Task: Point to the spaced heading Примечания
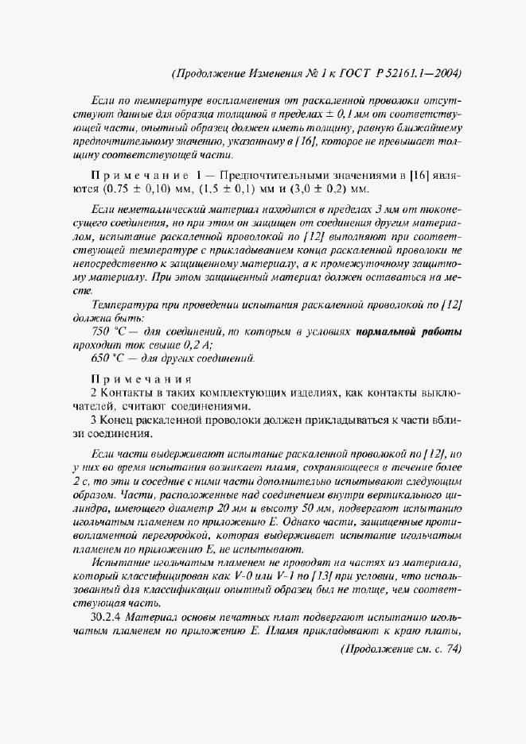[x=140, y=378]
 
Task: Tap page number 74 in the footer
[x=451, y=649]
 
